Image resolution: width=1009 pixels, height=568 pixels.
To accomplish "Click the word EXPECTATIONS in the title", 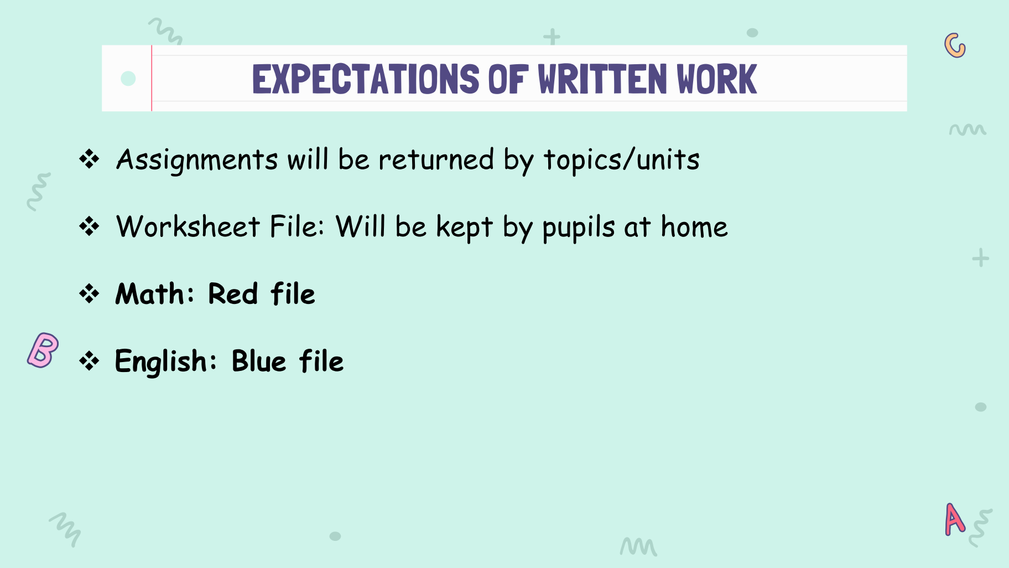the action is coord(366,79).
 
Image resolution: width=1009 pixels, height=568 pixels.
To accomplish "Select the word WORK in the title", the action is coord(717,79).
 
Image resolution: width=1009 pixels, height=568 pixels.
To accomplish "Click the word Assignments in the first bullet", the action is coord(197,161).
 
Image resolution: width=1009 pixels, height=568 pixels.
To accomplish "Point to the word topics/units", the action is coord(622,161).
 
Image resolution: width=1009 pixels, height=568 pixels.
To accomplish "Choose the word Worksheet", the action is coord(188,227).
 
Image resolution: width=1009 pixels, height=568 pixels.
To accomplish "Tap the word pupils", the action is coord(579,229).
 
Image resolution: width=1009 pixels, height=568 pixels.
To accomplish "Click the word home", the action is coord(694,227).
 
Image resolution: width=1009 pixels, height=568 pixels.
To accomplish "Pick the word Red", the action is coord(233,293).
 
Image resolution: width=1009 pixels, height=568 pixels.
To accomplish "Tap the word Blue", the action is coord(259,361).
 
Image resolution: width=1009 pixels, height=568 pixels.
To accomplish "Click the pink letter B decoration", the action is coord(43,350).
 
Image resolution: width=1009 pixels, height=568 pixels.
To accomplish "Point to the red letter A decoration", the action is coord(955,519).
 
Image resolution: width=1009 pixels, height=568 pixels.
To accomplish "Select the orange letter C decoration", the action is coord(954,45).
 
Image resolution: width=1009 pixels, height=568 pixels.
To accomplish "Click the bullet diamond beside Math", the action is coord(89,293).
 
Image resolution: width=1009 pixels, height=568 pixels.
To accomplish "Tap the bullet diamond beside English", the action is coord(89,361).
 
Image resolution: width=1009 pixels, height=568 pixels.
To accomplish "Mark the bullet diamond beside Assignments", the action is coord(89,159).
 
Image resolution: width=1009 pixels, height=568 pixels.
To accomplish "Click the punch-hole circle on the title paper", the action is coord(128,79).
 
